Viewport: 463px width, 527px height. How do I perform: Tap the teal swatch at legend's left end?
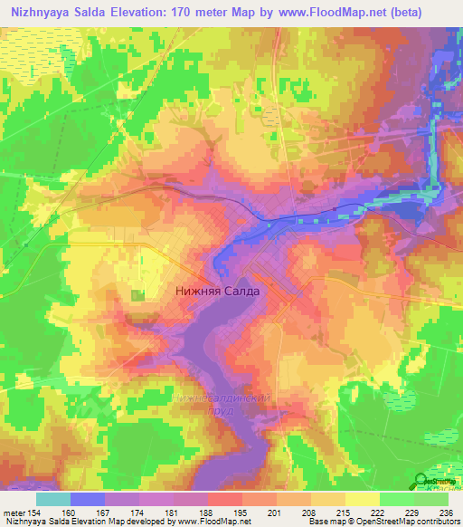coord(53,498)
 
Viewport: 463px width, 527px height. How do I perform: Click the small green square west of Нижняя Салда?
coord(137,295)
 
